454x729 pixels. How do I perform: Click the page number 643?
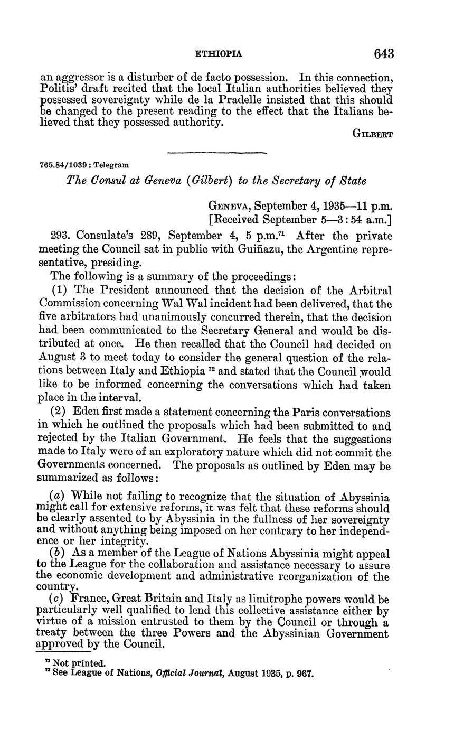pyautogui.click(x=384, y=54)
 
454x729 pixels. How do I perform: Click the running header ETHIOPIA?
pyautogui.click(x=219, y=54)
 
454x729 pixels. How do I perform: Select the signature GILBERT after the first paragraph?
pyautogui.click(x=372, y=134)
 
